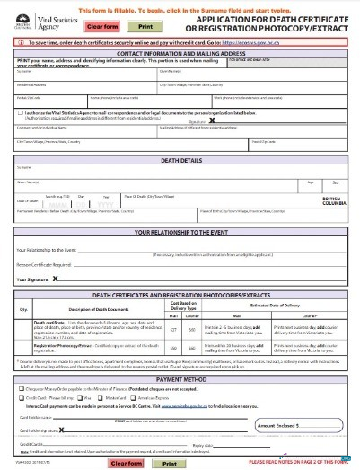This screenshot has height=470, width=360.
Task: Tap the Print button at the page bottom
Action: [x=167, y=462]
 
